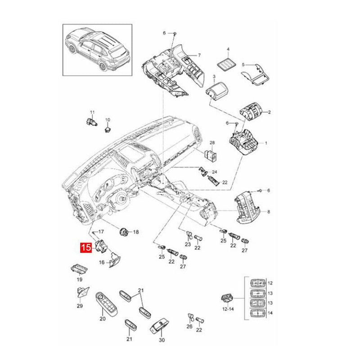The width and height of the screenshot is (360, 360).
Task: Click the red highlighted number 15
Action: coord(86,247)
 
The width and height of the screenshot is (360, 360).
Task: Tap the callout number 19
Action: coord(79,279)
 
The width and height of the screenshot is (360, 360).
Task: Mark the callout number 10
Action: coord(108,120)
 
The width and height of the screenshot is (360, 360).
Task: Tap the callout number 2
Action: coord(269,112)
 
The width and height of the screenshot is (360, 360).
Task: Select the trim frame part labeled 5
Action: coord(255,74)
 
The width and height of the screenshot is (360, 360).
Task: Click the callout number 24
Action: coord(215,172)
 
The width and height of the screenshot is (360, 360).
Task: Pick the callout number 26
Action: coord(189,326)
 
